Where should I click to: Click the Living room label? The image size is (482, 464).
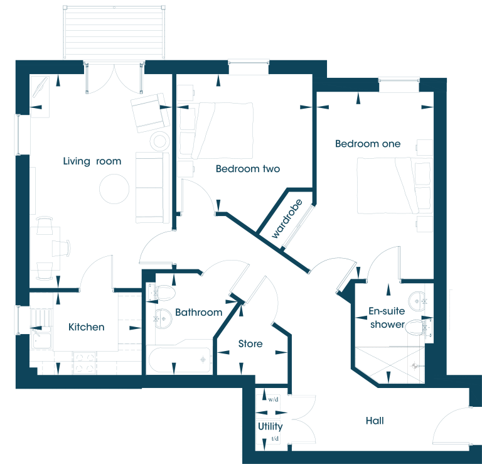[x=92, y=161]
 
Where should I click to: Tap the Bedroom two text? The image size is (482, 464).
[x=248, y=169]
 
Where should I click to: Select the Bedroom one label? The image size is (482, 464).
[x=368, y=144]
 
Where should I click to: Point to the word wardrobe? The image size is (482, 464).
[x=287, y=219]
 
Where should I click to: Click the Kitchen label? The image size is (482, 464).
[x=87, y=327]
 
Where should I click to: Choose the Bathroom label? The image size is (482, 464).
[x=198, y=313]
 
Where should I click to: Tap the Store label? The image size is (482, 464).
[x=250, y=343]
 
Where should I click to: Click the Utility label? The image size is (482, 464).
[x=270, y=426]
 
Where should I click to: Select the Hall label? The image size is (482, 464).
[x=375, y=421]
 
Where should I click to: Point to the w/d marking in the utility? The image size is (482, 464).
[x=273, y=400]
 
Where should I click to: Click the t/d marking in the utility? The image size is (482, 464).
[x=275, y=438]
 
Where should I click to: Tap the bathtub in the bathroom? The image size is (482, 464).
[x=179, y=359]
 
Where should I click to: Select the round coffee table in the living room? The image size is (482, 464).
[x=114, y=189]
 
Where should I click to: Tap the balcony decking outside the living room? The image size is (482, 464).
[x=114, y=32]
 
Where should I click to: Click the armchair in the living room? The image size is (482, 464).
[x=150, y=113]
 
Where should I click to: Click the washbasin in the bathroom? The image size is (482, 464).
[x=163, y=318]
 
